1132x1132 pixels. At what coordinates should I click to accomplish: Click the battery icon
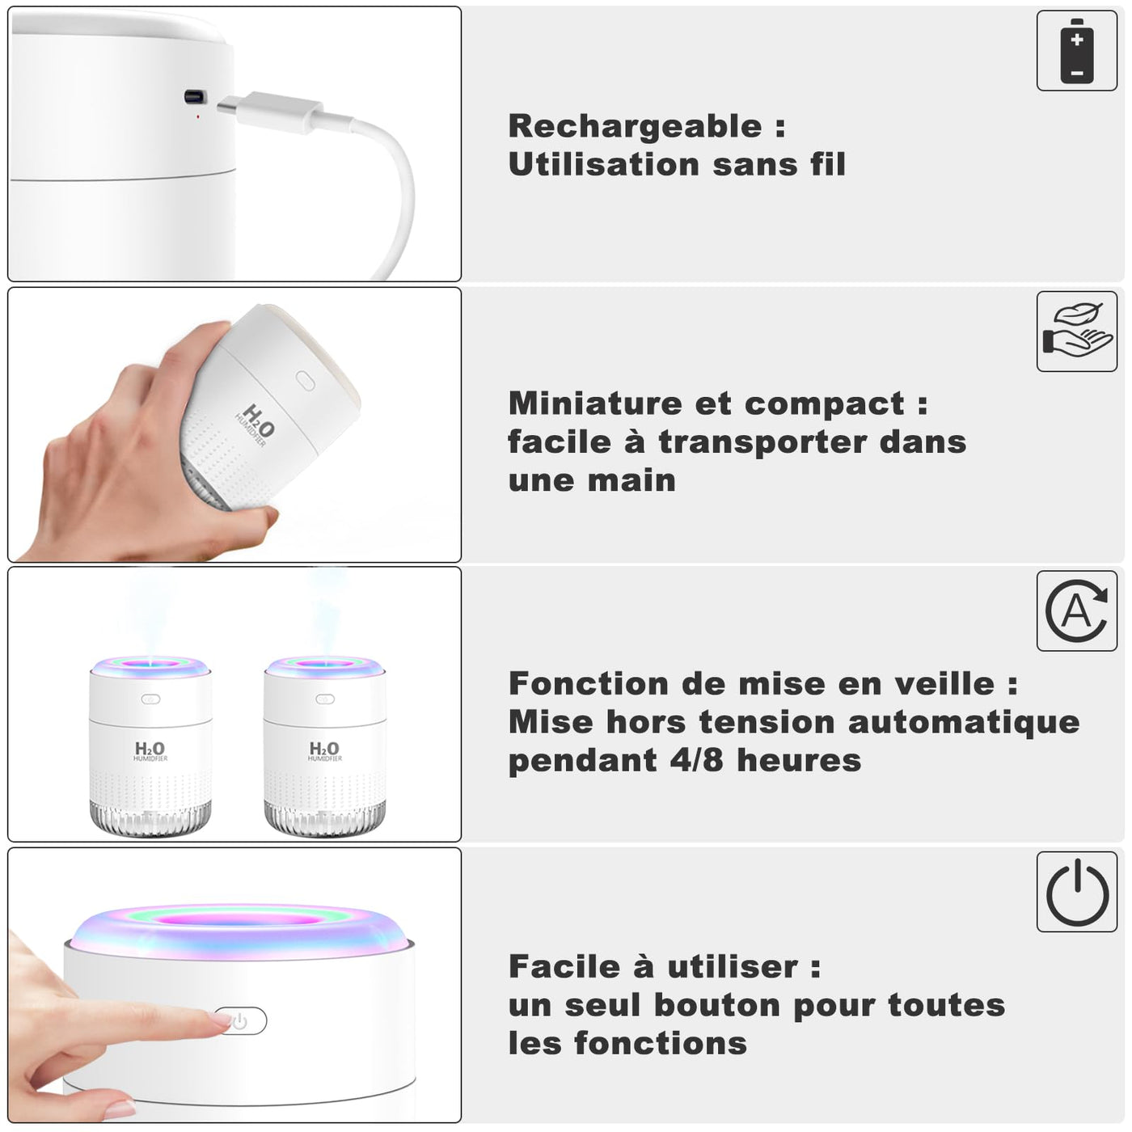click(1077, 50)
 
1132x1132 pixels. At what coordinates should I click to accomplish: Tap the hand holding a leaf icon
click(1077, 331)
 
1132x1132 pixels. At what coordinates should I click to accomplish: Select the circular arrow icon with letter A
click(1077, 610)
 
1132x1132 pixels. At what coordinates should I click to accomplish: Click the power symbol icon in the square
click(1077, 891)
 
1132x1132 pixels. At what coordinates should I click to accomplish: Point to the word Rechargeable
click(635, 127)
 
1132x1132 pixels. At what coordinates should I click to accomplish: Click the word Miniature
click(594, 403)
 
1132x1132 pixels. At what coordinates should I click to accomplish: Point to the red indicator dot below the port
click(198, 116)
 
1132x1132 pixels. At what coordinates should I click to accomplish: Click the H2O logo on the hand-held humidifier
click(255, 424)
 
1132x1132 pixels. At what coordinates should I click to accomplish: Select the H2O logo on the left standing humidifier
click(150, 750)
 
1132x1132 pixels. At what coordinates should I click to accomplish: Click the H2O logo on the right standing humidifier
click(324, 750)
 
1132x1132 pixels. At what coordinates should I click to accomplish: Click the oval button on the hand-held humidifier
click(305, 382)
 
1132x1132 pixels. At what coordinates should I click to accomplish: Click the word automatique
click(963, 722)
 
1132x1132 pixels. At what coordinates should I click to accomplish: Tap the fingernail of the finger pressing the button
click(220, 1019)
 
